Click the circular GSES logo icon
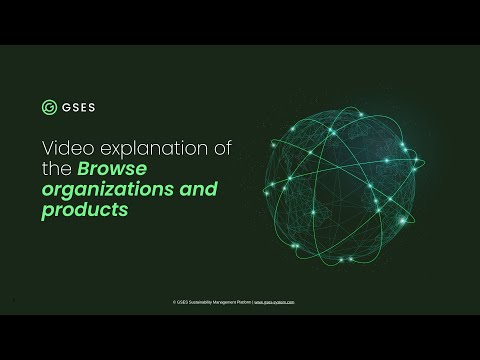coord(49,107)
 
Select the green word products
coord(86,210)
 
